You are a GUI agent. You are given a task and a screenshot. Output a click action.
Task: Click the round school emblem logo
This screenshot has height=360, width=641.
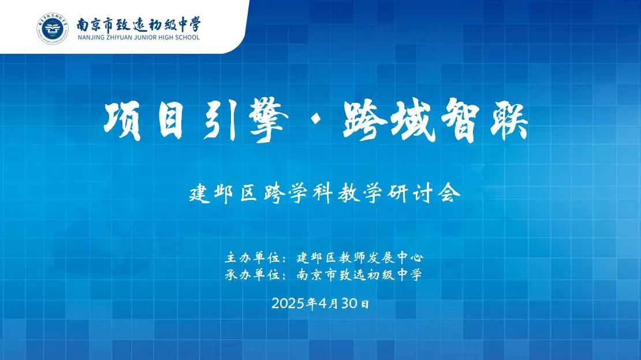pos(53,28)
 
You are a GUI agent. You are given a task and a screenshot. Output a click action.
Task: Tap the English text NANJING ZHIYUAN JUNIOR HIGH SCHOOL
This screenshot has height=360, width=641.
pos(138,37)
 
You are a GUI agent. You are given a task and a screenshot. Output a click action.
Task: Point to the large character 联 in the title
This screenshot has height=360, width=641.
pos(507,121)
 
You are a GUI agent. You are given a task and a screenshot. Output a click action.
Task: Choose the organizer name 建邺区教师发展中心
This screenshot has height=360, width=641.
pos(360,258)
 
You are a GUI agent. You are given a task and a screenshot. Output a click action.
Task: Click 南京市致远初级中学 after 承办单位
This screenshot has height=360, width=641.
pos(359,274)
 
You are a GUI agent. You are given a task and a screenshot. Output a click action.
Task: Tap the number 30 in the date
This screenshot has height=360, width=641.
pos(349,303)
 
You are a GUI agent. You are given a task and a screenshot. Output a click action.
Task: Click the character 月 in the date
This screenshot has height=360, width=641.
pos(334,303)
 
